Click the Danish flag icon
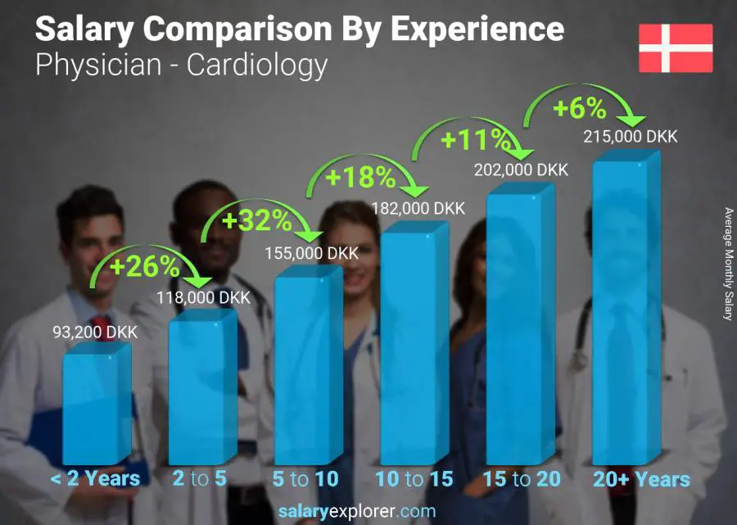pos(676,48)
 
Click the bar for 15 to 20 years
pos(518,328)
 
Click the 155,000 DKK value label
pos(311,254)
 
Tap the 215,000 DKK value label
pos(631,137)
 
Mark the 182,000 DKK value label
pos(418,209)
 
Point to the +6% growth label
pos(578,108)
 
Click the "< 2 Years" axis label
pos(95,479)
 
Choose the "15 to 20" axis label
pos(521,479)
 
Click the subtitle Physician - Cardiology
pos(182,65)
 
